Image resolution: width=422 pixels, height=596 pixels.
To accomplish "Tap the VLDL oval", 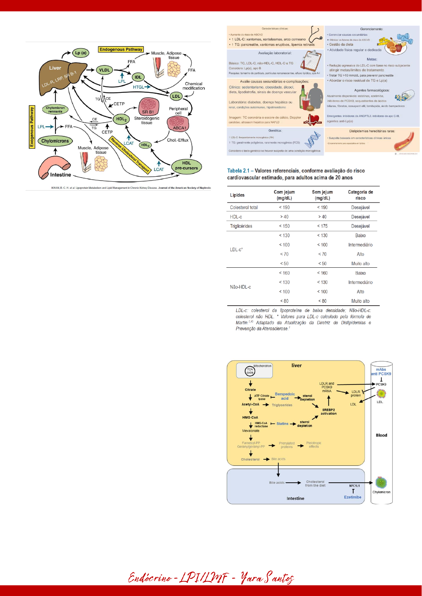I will (104, 70).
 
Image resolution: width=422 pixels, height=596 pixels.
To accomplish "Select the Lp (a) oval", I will (81, 53).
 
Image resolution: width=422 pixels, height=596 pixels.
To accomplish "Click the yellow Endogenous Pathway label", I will (121, 50).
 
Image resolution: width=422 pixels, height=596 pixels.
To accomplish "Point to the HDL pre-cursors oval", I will (186, 166).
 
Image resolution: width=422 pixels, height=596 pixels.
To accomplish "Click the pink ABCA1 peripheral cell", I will (178, 124).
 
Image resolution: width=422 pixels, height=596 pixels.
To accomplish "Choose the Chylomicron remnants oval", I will (55, 109).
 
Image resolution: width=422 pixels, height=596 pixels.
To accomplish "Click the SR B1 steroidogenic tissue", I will (149, 107).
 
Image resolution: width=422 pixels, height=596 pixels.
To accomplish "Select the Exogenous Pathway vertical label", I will (32, 127).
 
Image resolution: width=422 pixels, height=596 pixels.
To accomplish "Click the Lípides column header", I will (237, 195).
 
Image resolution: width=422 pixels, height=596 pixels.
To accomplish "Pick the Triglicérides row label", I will (241, 226).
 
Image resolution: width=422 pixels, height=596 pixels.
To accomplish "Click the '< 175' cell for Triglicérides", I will (322, 226).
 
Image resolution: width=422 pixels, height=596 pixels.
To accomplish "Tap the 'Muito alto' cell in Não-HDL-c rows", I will (360, 301).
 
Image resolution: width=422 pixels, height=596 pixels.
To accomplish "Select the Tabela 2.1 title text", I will (296, 174).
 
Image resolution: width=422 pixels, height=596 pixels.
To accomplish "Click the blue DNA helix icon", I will (312, 140).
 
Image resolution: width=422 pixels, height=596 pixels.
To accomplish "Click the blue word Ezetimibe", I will (353, 497).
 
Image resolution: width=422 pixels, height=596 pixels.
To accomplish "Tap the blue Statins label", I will (282, 424).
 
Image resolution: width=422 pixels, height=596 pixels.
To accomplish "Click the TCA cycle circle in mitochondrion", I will (250, 371).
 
